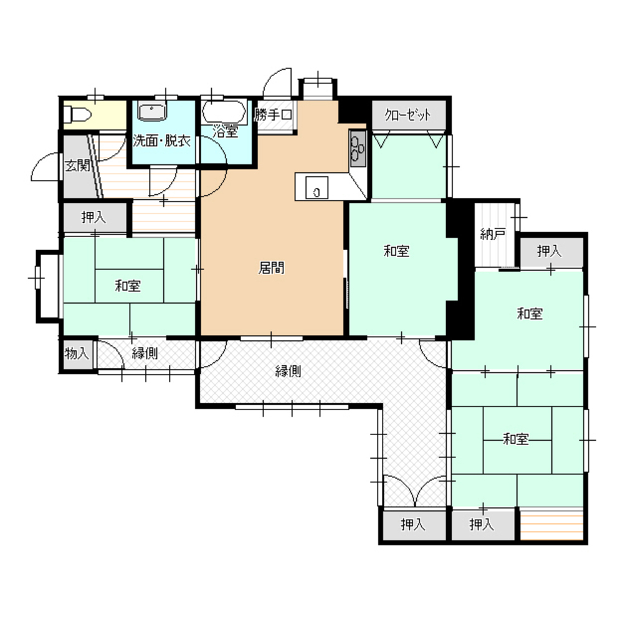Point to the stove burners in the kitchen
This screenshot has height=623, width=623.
[x=358, y=150]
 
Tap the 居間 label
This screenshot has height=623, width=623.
[x=271, y=268]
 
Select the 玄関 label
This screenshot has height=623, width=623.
[x=78, y=166]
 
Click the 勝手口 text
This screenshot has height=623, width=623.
[x=273, y=115]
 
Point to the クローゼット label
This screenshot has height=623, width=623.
[x=408, y=115]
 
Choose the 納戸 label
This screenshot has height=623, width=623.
[x=492, y=235]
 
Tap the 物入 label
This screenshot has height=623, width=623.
[x=77, y=354]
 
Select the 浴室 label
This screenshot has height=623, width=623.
[x=225, y=132]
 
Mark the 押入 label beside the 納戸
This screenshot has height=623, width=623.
[x=549, y=251]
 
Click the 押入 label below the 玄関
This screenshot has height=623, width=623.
[x=93, y=218]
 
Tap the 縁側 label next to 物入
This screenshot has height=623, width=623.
[x=145, y=354]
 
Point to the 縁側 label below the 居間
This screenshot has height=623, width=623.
[x=288, y=372]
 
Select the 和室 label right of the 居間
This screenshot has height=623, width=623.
[x=396, y=251]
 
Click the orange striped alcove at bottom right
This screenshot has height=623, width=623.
[x=551, y=525]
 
